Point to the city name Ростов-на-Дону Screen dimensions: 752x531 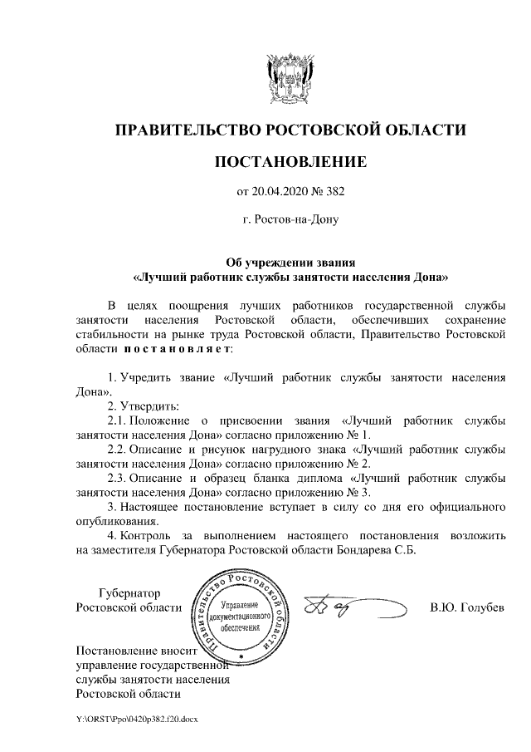tap(290, 221)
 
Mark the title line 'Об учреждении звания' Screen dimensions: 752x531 tap(290, 261)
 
